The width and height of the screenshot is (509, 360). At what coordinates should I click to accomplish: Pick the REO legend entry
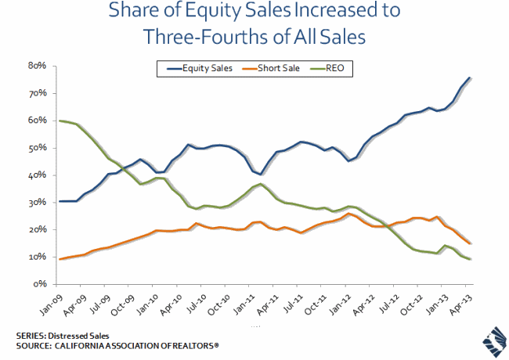click(x=332, y=69)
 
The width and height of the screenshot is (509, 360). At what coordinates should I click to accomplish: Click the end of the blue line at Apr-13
click(x=469, y=77)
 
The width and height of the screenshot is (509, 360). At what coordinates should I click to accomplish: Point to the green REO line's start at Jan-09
click(x=60, y=121)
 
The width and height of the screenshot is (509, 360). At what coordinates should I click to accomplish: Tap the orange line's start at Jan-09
click(x=60, y=259)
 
